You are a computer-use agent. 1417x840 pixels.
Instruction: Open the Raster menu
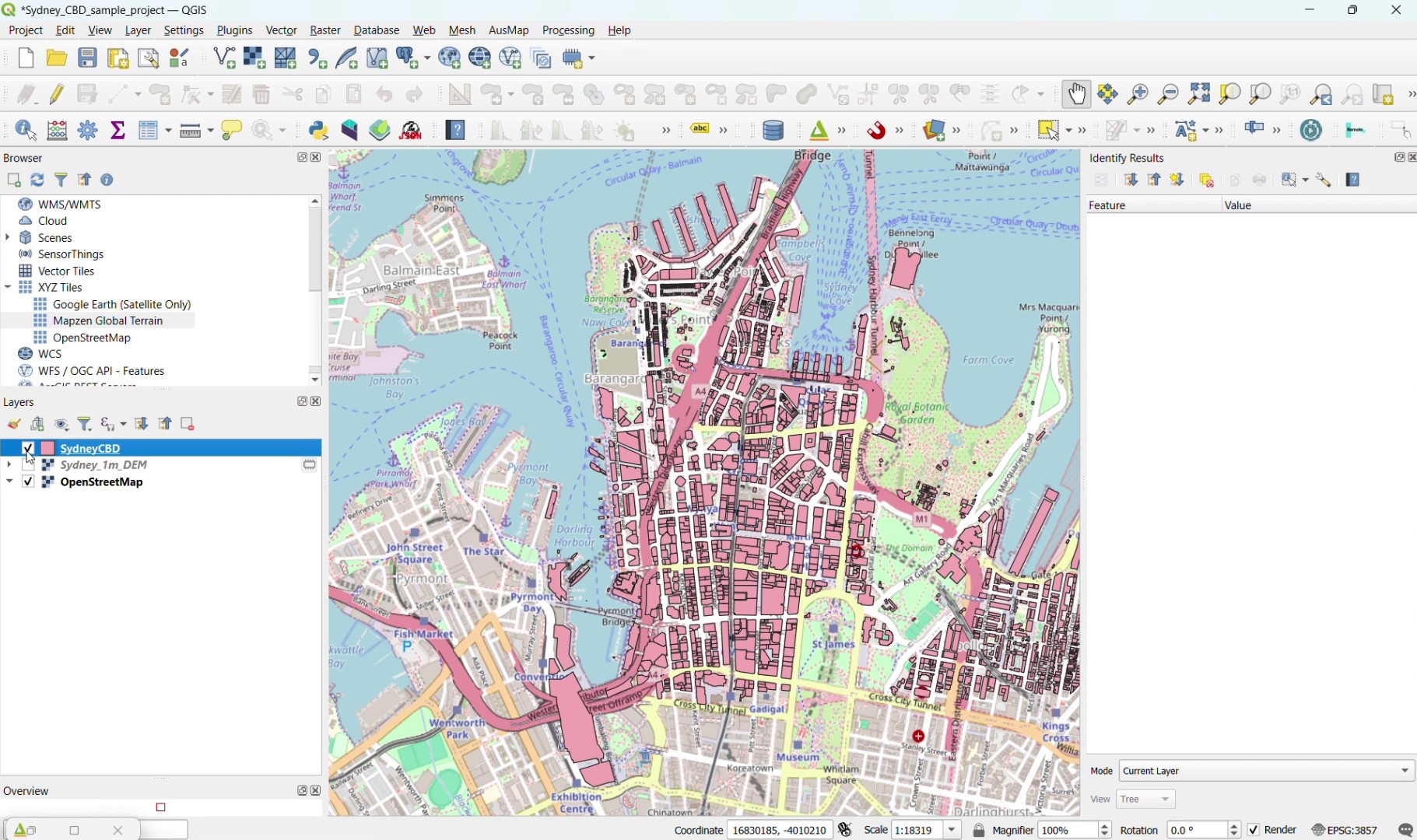point(324,30)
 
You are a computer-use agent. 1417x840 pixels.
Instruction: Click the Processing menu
point(568,30)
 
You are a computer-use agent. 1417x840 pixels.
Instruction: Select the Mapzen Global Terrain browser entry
point(107,321)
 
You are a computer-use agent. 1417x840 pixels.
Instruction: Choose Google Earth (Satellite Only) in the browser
point(121,305)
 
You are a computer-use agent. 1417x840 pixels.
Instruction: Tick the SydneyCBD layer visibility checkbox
point(28,449)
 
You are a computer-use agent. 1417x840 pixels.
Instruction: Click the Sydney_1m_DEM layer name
point(103,465)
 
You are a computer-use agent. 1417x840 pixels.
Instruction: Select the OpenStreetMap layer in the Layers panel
point(101,482)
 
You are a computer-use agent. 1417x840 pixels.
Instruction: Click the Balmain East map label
point(422,271)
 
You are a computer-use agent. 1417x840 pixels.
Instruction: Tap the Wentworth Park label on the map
point(458,729)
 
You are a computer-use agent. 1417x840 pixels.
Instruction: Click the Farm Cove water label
point(988,360)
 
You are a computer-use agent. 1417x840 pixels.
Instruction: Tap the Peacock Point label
point(500,341)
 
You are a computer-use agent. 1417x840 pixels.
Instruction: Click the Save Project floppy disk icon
point(88,58)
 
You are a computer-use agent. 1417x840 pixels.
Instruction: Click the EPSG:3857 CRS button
point(1345,831)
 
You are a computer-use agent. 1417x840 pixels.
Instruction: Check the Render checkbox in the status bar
point(1254,831)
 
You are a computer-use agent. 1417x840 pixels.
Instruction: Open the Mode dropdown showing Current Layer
point(1266,772)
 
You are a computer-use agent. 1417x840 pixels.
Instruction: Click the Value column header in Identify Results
point(1239,205)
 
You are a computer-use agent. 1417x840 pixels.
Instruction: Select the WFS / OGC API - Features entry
point(101,371)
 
